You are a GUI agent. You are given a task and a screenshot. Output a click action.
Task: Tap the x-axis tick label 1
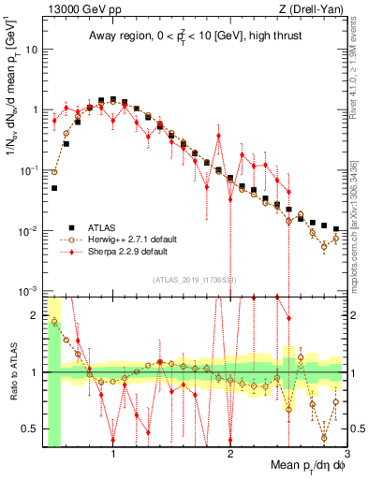(x=113, y=455)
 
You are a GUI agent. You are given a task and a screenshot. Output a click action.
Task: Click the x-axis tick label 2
(x=230, y=455)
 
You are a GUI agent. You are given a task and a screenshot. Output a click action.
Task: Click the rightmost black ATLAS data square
(x=336, y=228)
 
